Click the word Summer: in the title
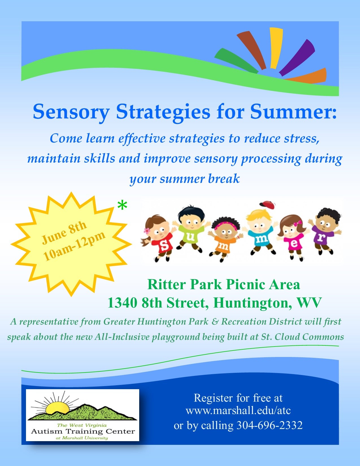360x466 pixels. click(x=293, y=112)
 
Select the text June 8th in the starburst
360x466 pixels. click(x=64, y=233)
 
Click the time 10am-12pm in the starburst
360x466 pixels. click(x=74, y=246)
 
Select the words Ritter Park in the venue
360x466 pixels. click(x=185, y=285)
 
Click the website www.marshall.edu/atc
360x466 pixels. click(x=238, y=411)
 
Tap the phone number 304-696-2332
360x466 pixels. click(x=269, y=425)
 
